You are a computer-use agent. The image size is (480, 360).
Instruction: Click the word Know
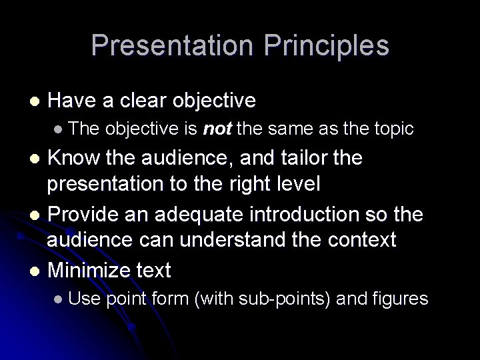[75, 159]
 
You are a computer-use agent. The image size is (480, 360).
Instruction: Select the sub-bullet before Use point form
[59, 299]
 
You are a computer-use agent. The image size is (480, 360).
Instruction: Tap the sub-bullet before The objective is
[59, 128]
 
